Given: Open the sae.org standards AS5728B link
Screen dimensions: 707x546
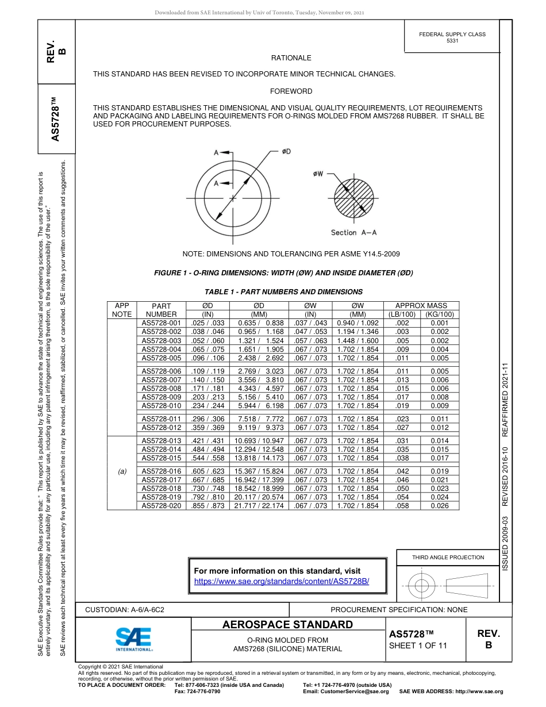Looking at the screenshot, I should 281,581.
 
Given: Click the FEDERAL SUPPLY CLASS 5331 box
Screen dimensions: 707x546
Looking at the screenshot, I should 452,37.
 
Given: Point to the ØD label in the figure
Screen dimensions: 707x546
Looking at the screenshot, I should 286,151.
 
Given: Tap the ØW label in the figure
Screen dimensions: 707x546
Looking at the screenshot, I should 318,173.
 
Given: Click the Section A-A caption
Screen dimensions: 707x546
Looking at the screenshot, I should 353,232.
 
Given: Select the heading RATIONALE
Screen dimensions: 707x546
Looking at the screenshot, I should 291,58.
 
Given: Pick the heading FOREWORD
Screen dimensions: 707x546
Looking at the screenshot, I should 291,91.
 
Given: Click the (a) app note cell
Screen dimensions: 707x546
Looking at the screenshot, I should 122,471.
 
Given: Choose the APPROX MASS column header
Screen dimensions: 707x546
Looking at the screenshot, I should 422,306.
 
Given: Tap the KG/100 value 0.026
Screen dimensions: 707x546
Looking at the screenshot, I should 440,505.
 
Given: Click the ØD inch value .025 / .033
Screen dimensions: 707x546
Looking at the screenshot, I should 207,323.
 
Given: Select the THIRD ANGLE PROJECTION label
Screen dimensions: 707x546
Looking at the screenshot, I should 448,557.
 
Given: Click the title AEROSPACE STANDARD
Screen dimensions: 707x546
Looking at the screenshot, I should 287,625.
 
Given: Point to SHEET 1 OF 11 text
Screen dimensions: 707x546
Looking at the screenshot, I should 418,645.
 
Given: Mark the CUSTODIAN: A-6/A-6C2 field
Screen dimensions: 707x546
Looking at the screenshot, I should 125,609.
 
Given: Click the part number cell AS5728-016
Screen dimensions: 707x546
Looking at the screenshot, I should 162,471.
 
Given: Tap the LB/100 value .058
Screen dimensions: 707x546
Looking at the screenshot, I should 402,505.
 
